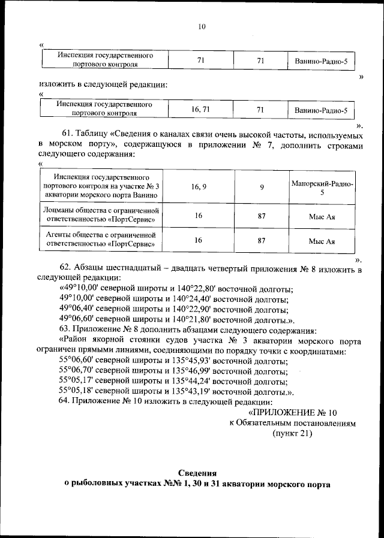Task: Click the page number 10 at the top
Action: pyautogui.click(x=202, y=26)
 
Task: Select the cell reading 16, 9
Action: pyautogui.click(x=199, y=187)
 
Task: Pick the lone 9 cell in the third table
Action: pyautogui.click(x=262, y=187)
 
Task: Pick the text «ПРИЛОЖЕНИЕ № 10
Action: pyautogui.click(x=293, y=412)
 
